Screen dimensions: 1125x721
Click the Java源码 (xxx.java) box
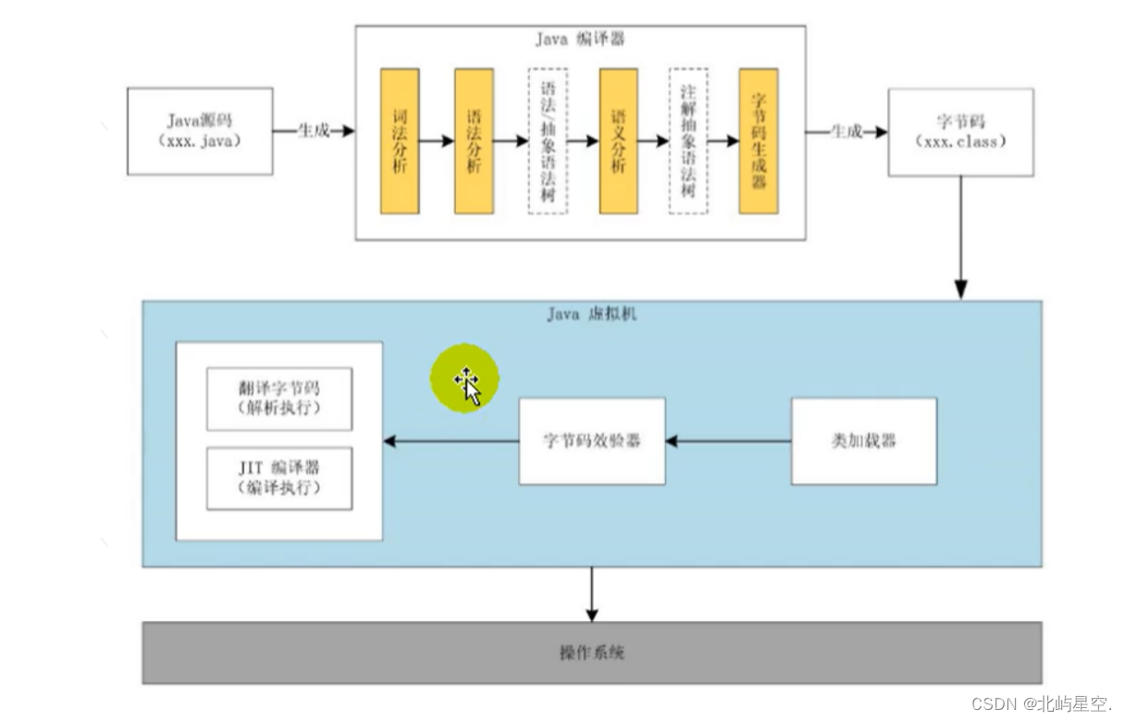pos(200,131)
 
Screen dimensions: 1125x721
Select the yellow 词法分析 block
pos(400,141)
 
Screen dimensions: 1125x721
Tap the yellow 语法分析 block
pos(474,141)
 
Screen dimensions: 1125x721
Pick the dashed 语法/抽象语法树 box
pos(548,141)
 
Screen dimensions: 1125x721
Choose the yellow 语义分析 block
pos(618,141)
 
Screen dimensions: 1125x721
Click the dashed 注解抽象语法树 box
pos(688,141)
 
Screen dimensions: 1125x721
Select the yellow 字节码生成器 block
pos(759,141)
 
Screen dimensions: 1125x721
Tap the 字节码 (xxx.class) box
pos(960,132)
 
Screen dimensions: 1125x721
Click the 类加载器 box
pos(864,441)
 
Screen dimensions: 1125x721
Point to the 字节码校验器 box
pos(592,441)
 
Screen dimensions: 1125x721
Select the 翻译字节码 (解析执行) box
pos(279,399)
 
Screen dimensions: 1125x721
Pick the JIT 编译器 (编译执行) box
pos(279,478)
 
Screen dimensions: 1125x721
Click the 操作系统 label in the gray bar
pos(592,653)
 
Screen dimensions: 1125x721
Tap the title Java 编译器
pos(580,39)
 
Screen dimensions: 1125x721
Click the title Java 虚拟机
pos(592,314)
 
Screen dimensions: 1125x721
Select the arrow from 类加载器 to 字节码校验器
pos(728,441)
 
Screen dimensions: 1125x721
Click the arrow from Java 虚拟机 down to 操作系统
pos(591,594)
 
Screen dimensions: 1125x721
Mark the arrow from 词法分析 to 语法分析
pos(437,141)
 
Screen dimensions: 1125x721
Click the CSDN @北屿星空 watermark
pos(1041,704)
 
